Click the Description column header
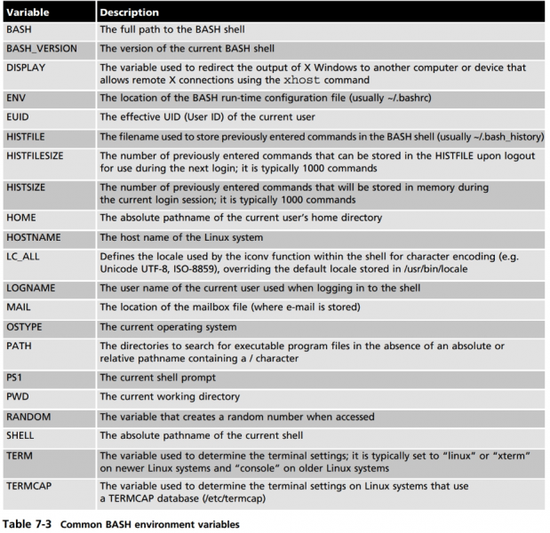pyautogui.click(x=130, y=13)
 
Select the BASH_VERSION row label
pyautogui.click(x=43, y=47)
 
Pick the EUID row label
pyautogui.click(x=20, y=116)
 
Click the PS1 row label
pyautogui.click(x=17, y=377)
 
